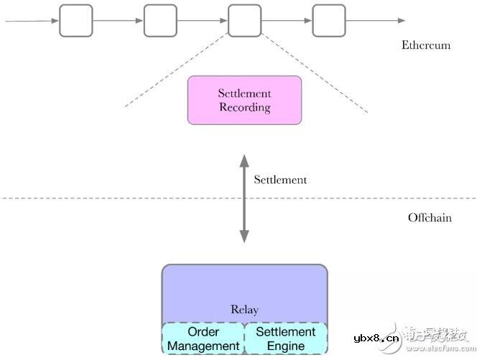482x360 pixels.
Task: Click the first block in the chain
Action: coord(76,20)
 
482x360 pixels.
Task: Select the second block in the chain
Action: coord(160,20)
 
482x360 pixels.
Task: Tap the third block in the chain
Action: coord(244,20)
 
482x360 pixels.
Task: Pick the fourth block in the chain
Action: coord(328,20)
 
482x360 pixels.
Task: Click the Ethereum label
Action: coord(425,45)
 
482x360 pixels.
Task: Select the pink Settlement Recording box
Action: coord(244,101)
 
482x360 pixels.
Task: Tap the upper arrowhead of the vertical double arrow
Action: coord(244,159)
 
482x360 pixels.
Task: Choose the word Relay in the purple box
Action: coord(244,310)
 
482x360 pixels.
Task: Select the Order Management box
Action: coord(203,339)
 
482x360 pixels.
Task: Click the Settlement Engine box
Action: coord(286,339)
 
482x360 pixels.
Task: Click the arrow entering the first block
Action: coord(32,20)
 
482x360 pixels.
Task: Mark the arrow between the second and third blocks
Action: coord(202,20)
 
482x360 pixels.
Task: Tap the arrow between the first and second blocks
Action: coord(118,20)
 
